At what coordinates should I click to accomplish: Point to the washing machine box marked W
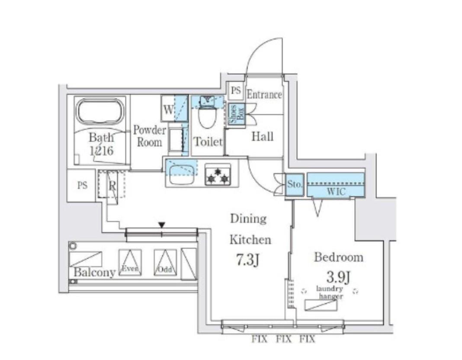(x=168, y=108)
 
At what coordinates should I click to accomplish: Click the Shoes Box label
(x=237, y=115)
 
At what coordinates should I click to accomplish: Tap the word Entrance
(x=264, y=95)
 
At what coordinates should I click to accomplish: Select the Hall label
(x=262, y=136)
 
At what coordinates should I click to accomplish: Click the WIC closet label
(x=336, y=192)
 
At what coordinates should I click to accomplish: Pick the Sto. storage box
(x=295, y=185)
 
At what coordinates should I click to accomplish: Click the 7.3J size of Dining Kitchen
(x=247, y=260)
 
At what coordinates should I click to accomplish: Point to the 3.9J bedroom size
(x=338, y=276)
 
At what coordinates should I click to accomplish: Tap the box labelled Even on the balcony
(x=130, y=262)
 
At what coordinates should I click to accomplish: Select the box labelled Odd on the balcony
(x=165, y=262)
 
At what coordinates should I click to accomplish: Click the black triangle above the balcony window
(x=161, y=225)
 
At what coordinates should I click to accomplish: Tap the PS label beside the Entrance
(x=236, y=90)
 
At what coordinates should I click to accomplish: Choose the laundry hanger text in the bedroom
(x=330, y=292)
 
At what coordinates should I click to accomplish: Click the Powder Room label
(x=150, y=136)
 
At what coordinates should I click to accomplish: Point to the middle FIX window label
(x=284, y=339)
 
